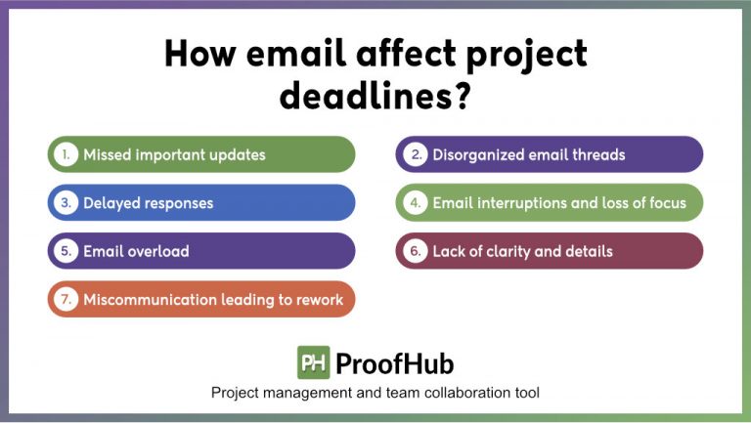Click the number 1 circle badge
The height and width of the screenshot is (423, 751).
click(66, 154)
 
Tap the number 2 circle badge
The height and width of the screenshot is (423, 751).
click(415, 154)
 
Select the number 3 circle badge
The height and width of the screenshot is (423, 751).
click(66, 203)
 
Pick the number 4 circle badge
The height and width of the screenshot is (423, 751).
click(415, 203)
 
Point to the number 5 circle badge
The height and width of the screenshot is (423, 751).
click(66, 251)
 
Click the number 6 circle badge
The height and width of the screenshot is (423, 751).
click(415, 251)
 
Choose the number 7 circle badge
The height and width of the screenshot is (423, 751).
click(66, 299)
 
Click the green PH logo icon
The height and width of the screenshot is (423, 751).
click(313, 362)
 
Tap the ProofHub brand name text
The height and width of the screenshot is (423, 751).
click(394, 363)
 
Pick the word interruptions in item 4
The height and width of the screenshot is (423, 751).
click(521, 203)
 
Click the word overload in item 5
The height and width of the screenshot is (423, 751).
click(156, 251)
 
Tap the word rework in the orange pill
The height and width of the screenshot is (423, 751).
click(319, 299)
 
